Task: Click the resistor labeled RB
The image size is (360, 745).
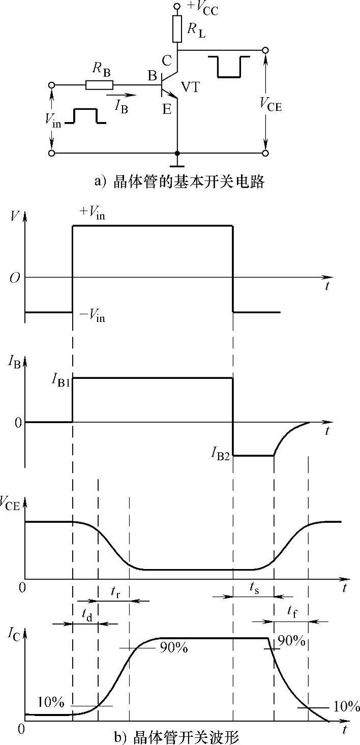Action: (x=100, y=84)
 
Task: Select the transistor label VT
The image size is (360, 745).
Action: (x=190, y=87)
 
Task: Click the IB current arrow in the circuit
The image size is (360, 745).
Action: (x=122, y=95)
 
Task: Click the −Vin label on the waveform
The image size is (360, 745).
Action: (x=93, y=318)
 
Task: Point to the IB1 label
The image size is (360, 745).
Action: (x=60, y=381)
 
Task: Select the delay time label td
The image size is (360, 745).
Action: (x=87, y=613)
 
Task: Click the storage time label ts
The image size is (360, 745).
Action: (x=254, y=586)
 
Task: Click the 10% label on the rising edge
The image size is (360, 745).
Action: (x=51, y=703)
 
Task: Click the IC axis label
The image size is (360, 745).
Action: (x=14, y=634)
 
